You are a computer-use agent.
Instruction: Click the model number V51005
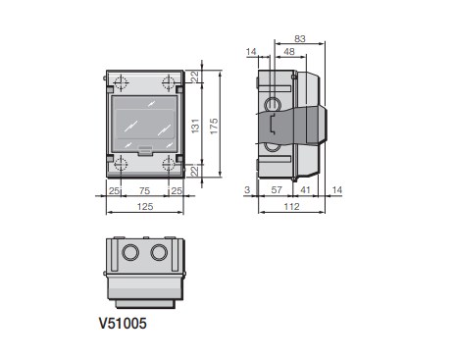click(123, 324)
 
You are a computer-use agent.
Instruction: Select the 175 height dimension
click(214, 127)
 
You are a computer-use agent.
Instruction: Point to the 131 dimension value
click(195, 126)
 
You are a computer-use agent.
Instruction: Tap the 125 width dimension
click(145, 207)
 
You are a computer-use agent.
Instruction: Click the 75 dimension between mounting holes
click(144, 190)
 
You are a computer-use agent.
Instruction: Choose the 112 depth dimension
click(291, 207)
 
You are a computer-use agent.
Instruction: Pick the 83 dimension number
click(300, 39)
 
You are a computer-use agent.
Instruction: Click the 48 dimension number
click(289, 52)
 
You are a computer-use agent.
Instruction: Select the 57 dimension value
click(277, 190)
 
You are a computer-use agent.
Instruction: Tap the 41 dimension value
click(305, 190)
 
